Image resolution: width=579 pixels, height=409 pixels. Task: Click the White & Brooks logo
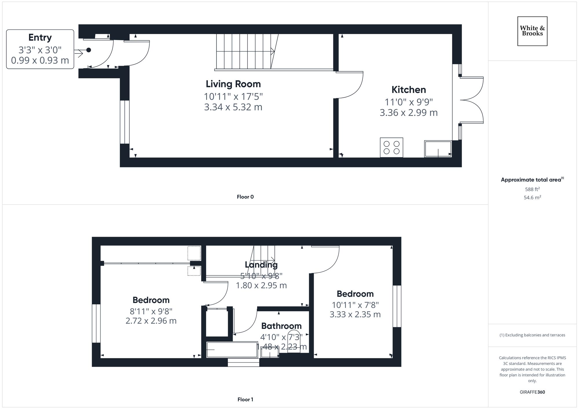532,31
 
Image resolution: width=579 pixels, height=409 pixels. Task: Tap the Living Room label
233,84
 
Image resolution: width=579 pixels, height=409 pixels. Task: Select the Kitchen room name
408,90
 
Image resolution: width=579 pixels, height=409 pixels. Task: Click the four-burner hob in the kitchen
391,147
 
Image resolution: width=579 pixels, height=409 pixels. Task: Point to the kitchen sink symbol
438,149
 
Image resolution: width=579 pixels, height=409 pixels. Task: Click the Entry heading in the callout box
40,38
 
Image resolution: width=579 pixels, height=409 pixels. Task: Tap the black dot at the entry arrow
89,50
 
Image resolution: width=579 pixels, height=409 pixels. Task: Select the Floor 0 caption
245,197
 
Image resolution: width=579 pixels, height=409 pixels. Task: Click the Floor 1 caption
245,399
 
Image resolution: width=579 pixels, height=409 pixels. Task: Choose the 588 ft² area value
532,189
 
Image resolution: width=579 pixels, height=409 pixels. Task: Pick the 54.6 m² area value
532,198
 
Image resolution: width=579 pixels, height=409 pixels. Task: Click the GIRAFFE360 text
532,392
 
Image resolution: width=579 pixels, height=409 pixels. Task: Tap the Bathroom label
281,326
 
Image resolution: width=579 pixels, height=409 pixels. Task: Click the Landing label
261,265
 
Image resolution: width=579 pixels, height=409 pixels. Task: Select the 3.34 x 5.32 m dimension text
233,107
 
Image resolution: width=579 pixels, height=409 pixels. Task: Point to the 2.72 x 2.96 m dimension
151,321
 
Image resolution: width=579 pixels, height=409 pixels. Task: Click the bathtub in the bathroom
232,349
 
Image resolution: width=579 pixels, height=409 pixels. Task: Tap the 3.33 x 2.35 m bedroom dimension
355,314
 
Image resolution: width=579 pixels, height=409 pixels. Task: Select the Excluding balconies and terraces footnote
532,335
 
